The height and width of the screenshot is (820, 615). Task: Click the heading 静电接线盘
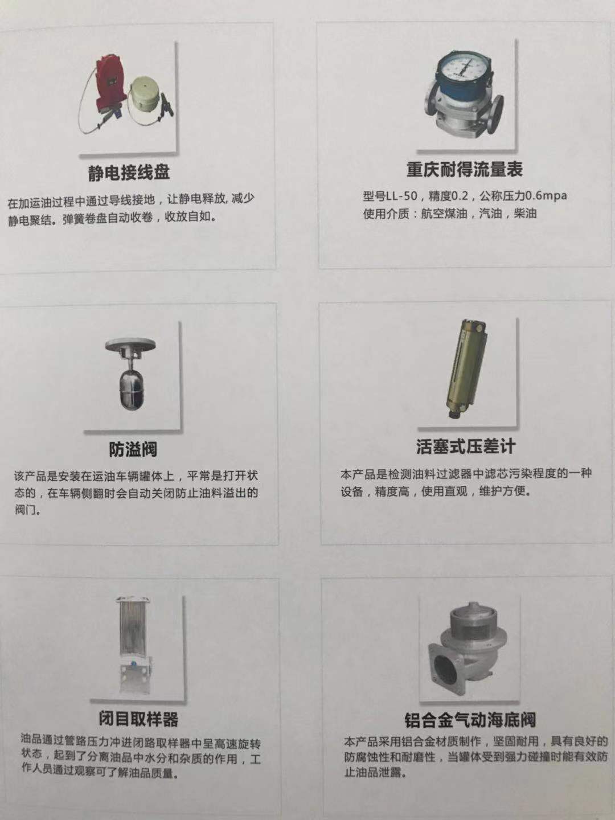tap(129, 172)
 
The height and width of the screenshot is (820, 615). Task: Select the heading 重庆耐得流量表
tap(465, 169)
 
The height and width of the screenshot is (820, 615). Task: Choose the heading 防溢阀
tap(133, 449)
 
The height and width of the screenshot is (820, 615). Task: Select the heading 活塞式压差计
tap(466, 446)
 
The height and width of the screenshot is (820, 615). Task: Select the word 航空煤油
tap(444, 214)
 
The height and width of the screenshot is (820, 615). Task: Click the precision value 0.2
tap(460, 196)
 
